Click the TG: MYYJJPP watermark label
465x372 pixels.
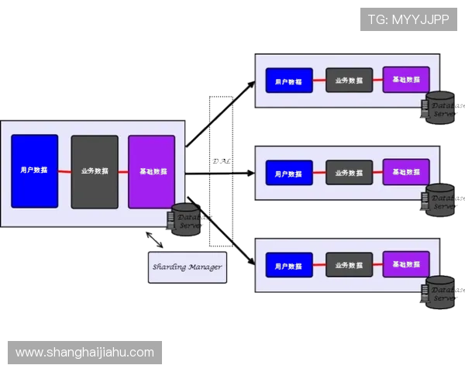point(409,19)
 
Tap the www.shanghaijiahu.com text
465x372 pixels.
point(85,353)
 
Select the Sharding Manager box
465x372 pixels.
point(187,267)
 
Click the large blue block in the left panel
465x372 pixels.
point(35,171)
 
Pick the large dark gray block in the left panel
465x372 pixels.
point(95,171)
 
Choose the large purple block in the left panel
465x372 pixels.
point(152,171)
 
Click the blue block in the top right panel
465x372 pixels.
point(289,80)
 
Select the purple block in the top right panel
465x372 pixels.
point(406,80)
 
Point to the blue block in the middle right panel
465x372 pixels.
point(289,172)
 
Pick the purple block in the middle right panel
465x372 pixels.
point(406,172)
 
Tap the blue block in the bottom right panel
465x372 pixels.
point(289,264)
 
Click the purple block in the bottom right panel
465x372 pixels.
point(406,264)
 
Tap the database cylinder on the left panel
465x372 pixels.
point(186,219)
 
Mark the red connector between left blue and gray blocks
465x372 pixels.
point(65,171)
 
